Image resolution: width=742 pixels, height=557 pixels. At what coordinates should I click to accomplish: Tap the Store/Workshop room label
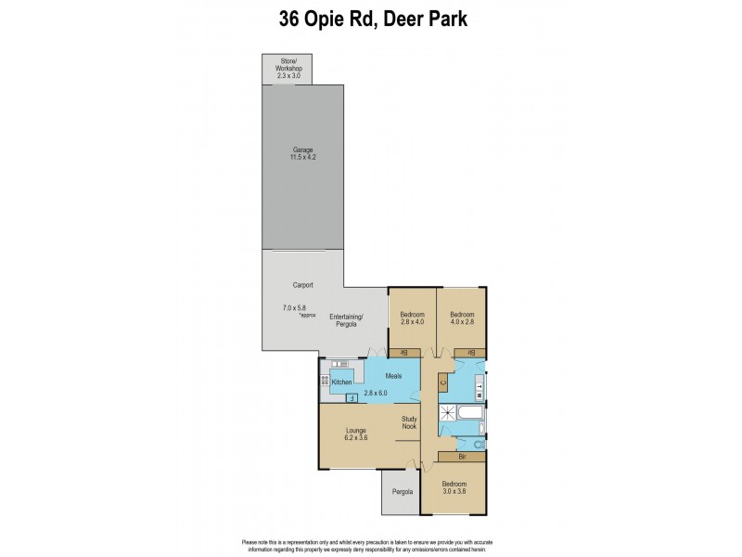[287, 68]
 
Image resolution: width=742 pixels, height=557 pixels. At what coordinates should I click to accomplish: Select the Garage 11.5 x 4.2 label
[302, 153]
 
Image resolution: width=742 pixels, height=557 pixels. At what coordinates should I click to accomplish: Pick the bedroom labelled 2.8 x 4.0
[412, 318]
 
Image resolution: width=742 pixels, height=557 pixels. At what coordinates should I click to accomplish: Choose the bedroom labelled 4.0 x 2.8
[462, 318]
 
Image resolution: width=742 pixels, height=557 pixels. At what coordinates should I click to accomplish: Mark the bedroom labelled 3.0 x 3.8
[454, 488]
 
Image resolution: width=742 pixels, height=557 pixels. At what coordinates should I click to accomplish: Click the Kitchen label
[341, 382]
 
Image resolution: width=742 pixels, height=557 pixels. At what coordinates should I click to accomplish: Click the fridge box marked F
[352, 397]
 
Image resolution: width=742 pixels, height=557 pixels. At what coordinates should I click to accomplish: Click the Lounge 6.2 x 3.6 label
[356, 434]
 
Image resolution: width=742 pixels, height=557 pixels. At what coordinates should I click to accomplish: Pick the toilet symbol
[478, 446]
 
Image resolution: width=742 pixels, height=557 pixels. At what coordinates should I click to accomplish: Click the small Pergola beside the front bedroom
[401, 492]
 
